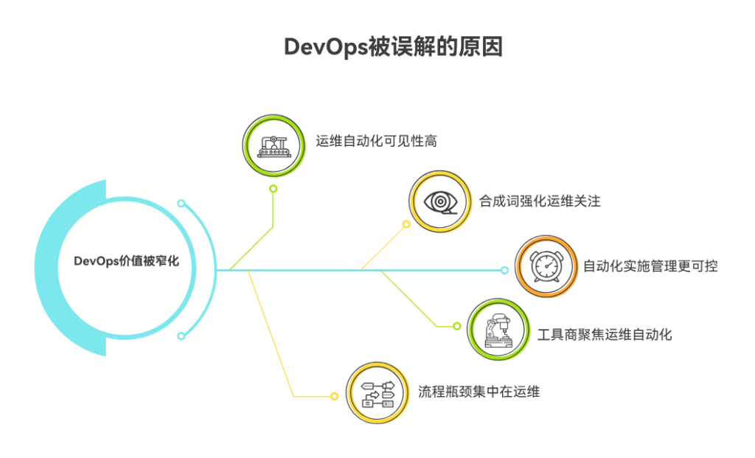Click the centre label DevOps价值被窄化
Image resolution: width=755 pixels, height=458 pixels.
click(126, 261)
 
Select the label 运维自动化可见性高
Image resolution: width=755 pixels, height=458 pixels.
click(377, 141)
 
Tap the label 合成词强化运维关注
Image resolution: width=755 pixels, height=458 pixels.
click(540, 201)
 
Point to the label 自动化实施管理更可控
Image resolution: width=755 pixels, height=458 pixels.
click(650, 266)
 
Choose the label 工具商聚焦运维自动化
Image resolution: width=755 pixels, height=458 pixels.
click(604, 335)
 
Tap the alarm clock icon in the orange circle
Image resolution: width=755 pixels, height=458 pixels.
click(546, 266)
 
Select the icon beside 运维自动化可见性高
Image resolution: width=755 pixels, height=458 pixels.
click(274, 145)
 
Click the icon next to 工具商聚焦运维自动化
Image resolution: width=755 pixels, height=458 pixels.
click(499, 330)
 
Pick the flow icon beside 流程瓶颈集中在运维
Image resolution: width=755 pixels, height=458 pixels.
click(378, 392)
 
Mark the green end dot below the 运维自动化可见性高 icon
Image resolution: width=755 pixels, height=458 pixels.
click(273, 189)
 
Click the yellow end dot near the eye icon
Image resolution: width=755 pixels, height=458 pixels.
click(406, 224)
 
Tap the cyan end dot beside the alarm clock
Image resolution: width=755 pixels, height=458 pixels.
click(505, 271)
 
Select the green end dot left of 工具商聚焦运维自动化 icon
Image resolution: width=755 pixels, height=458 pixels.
click(457, 327)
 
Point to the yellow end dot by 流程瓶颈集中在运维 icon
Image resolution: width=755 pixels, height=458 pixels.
click(334, 396)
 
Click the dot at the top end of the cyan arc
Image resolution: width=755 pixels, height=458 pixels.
click(181, 203)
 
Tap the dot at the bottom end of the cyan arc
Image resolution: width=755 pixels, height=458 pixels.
click(181, 336)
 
